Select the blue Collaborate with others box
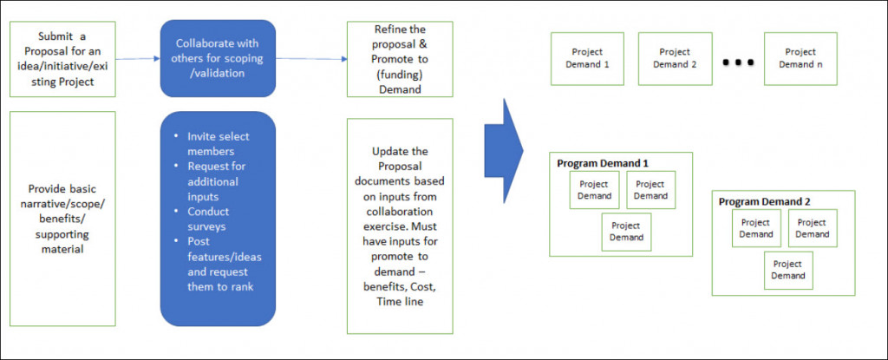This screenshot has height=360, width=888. click(217, 59)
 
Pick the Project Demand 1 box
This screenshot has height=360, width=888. click(587, 58)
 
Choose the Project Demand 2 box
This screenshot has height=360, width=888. click(675, 58)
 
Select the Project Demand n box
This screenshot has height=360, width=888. click(800, 58)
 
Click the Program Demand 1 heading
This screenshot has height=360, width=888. click(603, 163)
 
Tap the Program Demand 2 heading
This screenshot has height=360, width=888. click(764, 201)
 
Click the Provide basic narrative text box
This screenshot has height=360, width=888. click(62, 217)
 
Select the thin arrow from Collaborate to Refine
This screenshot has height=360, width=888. click(310, 59)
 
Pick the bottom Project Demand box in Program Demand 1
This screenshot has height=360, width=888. click(626, 232)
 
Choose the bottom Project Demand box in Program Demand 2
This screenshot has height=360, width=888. click(787, 270)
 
